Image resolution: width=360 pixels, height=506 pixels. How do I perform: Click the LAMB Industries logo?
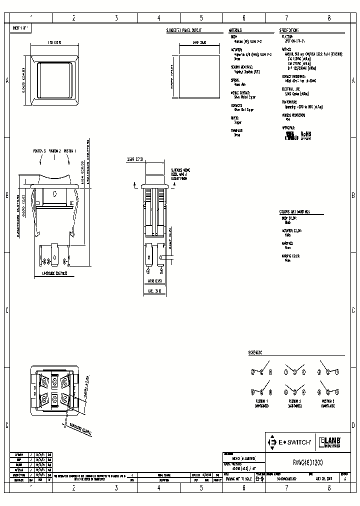click(331, 442)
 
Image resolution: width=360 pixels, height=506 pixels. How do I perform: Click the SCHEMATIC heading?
click(255, 352)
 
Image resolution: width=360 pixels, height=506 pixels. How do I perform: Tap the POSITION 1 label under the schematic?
click(261, 401)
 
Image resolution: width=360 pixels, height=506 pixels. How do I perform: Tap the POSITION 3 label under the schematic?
click(328, 401)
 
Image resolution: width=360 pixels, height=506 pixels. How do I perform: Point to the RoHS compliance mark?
click(306, 135)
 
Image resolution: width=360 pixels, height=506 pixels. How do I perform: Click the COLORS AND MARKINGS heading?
click(294, 212)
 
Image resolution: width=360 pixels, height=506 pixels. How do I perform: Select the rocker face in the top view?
click(55, 79)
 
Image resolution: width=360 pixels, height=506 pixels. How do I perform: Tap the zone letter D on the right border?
click(353, 425)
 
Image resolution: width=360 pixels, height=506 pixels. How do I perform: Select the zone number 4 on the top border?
click(158, 18)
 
